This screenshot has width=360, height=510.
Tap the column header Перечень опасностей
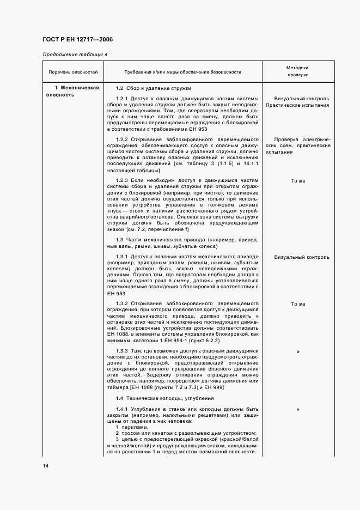[73, 72]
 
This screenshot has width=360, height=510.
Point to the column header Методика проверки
[298, 72]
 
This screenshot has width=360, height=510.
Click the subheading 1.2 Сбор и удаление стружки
[153, 88]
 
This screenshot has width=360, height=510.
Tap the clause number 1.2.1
[122, 99]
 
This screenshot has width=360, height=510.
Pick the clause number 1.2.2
[122, 139]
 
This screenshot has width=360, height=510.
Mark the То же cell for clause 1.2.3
[298, 180]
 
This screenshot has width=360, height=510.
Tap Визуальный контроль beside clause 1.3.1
[302, 257]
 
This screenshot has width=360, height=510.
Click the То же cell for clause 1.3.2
[298, 303]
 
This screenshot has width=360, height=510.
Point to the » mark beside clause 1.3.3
[298, 351]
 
